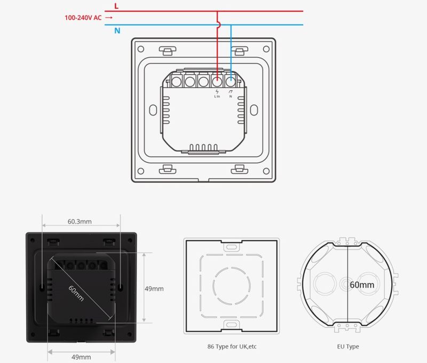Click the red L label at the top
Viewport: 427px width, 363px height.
click(x=116, y=6)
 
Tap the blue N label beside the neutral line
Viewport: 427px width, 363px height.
click(x=117, y=31)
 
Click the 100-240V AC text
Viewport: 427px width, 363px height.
click(x=83, y=18)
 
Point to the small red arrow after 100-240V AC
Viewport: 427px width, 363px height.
click(x=109, y=18)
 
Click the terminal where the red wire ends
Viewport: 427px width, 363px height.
click(x=217, y=81)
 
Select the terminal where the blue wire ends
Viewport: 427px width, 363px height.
click(x=231, y=81)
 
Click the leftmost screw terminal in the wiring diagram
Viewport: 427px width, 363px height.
click(x=177, y=82)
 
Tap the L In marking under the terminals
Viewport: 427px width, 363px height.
click(x=217, y=97)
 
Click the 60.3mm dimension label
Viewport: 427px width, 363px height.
click(x=80, y=222)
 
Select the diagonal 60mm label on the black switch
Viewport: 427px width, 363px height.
click(x=76, y=293)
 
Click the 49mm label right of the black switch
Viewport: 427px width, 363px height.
click(x=154, y=289)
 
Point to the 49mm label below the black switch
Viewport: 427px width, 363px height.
click(x=81, y=357)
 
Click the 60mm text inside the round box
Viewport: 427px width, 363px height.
click(x=362, y=285)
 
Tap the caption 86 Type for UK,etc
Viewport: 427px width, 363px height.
click(x=232, y=346)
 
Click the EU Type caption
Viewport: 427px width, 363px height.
click(x=348, y=346)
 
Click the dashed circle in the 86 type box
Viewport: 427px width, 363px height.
click(x=232, y=286)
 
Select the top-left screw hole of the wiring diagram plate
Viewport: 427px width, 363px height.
click(x=141, y=49)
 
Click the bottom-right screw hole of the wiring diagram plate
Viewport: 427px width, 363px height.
click(x=266, y=171)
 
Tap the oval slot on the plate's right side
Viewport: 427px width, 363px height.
click(x=254, y=110)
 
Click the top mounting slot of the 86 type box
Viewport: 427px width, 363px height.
click(x=232, y=247)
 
